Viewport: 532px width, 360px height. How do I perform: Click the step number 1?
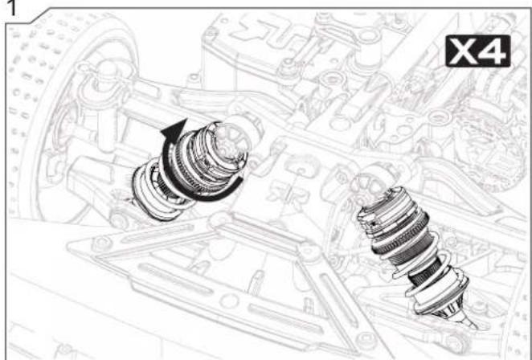[x=11, y=7]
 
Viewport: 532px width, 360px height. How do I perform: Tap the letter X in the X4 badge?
[x=463, y=51]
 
